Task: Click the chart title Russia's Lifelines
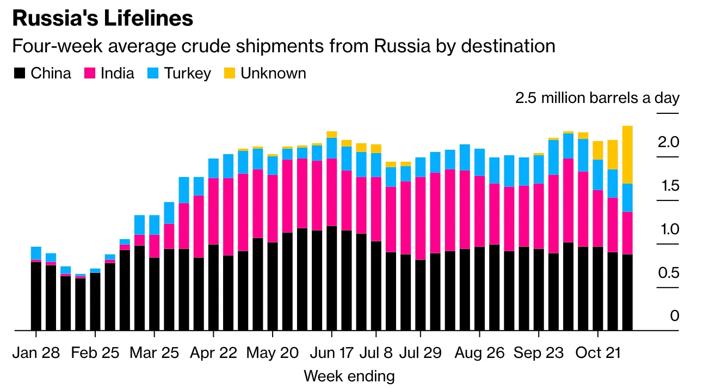102,19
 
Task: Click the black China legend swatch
20,74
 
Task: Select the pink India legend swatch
90,74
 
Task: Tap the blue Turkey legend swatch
153,74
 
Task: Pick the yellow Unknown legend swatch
230,74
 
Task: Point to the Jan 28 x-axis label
36,352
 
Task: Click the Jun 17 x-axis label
331,352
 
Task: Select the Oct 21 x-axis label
597,352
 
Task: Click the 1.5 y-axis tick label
670,186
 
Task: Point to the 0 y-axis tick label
675,316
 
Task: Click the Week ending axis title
349,376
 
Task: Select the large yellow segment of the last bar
627,155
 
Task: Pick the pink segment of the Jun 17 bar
331,192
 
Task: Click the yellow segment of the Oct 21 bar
597,150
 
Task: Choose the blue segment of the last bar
627,197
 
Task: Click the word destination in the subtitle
508,46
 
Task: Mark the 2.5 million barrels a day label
597,98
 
